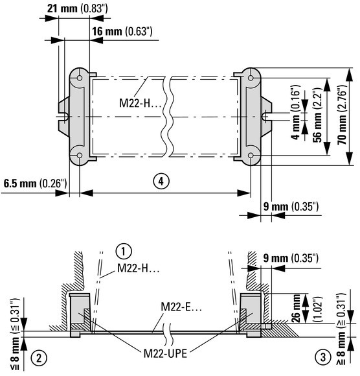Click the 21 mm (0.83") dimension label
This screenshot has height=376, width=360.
(77, 8)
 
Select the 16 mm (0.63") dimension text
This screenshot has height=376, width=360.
(122, 31)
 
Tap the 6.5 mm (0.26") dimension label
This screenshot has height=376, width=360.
(35, 183)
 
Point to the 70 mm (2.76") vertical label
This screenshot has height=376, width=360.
(343, 114)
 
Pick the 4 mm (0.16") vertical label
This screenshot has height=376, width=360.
(296, 112)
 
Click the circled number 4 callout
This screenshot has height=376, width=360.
(161, 181)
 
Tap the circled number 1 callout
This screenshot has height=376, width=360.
(124, 252)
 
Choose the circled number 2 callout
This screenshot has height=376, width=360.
(39, 358)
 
